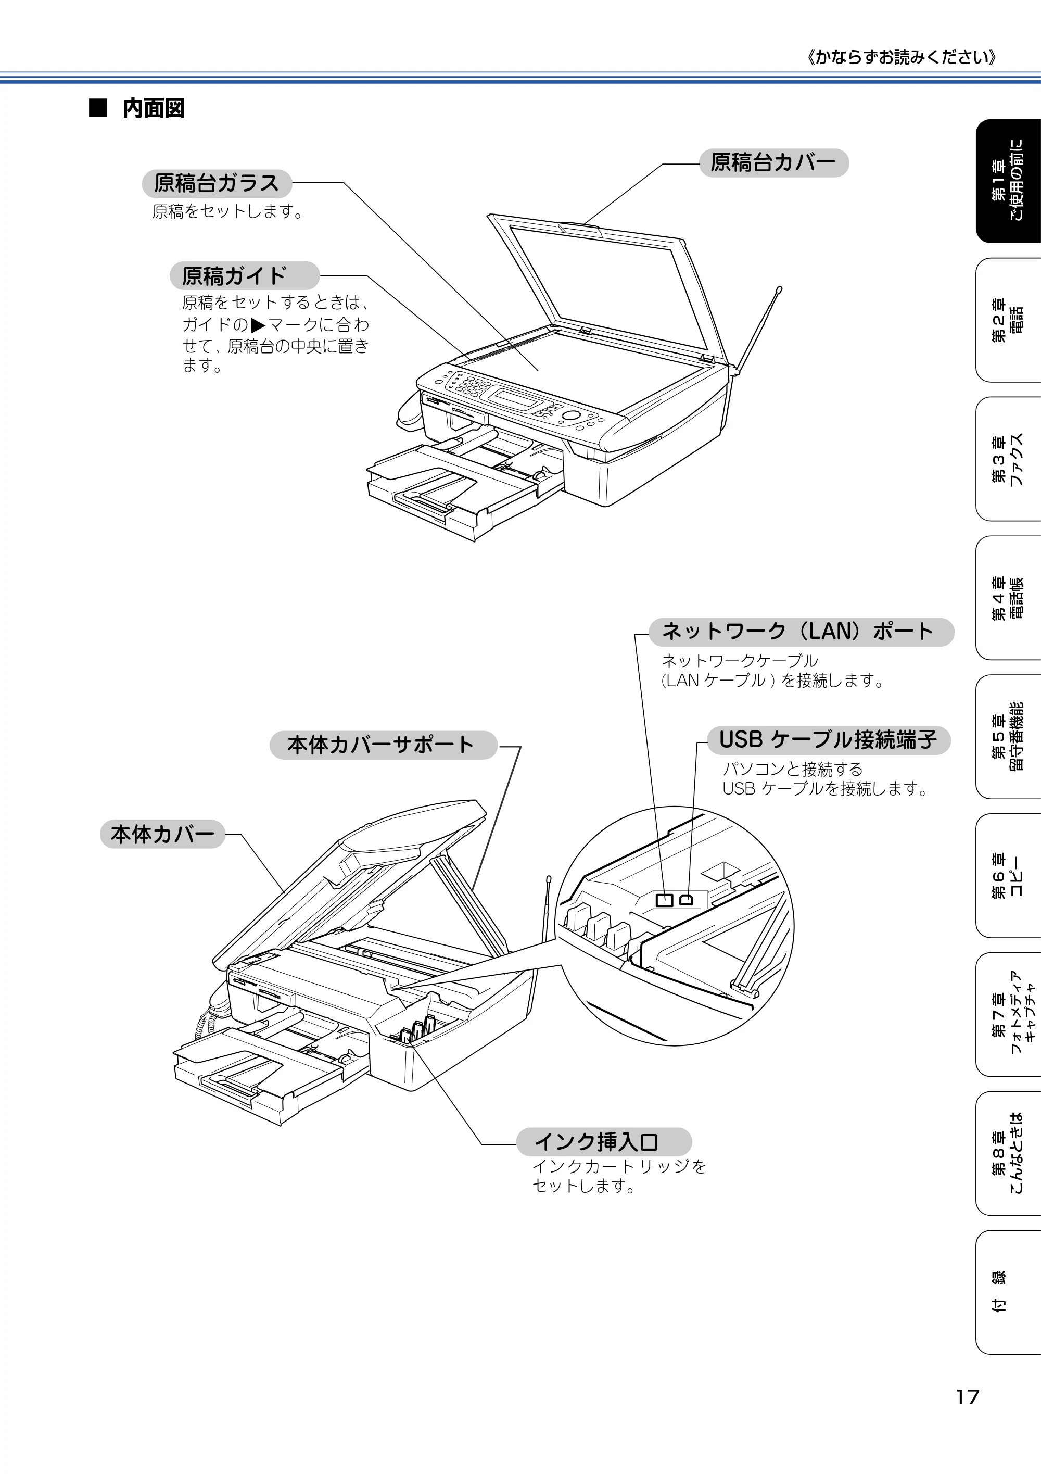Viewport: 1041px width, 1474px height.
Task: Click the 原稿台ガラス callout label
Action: pyautogui.click(x=217, y=184)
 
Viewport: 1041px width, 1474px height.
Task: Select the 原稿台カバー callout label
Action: pyautogui.click(x=773, y=162)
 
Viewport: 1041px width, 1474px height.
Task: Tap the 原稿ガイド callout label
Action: pyautogui.click(x=245, y=276)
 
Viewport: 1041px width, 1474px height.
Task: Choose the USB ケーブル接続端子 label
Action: pyautogui.click(x=828, y=740)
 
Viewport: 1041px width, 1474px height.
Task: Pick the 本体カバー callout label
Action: pyautogui.click(x=162, y=834)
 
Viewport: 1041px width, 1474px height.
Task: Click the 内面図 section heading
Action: pyautogui.click(x=154, y=108)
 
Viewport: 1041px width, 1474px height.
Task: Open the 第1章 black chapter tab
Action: pyautogui.click(x=1008, y=182)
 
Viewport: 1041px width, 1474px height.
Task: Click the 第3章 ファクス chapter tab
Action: pyautogui.click(x=1008, y=459)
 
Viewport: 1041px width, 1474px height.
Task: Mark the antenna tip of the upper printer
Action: pyautogui.click(x=779, y=289)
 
